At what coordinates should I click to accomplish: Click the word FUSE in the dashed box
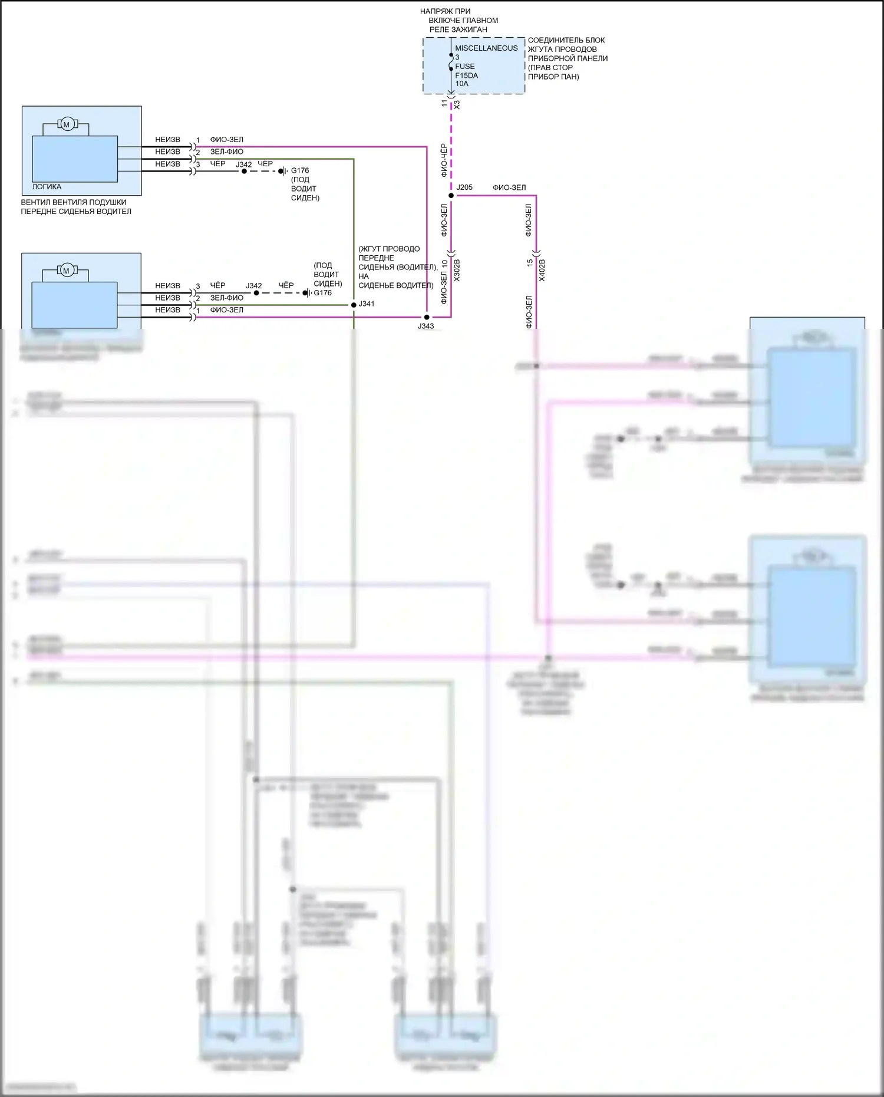tap(464, 67)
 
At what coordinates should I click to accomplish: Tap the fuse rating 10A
tap(461, 84)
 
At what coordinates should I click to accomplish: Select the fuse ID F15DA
tap(466, 75)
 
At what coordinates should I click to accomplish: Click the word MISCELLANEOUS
tap(486, 48)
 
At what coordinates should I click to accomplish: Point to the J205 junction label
tap(464, 187)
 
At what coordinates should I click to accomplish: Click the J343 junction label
tap(425, 326)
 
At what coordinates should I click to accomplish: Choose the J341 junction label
tap(367, 304)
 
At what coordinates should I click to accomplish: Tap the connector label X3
tap(457, 104)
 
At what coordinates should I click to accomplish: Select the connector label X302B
tap(457, 270)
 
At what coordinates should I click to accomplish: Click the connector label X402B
tap(542, 270)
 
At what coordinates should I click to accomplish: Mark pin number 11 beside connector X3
tap(445, 103)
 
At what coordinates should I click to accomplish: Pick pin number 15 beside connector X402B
tap(530, 263)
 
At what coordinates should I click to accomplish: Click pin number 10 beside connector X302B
tap(444, 264)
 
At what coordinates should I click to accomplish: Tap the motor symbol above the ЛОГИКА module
tap(66, 124)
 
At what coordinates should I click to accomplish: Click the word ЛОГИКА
tap(47, 187)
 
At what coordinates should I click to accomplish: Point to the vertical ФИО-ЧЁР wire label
tap(444, 160)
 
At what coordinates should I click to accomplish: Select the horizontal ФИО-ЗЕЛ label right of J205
tap(509, 188)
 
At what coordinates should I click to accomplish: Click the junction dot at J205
tap(451, 195)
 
